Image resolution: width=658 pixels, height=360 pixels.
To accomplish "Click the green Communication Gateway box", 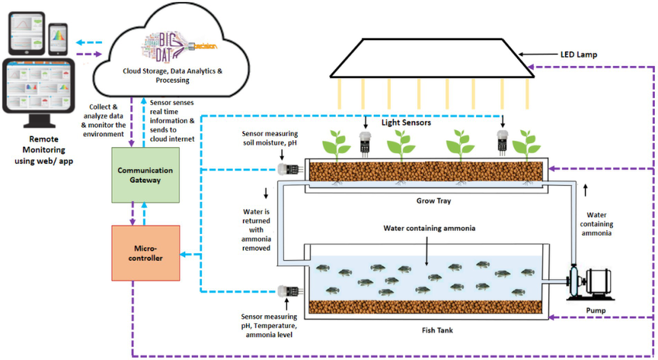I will coord(146,174).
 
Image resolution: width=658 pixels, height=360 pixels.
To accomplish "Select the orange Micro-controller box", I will coord(146,253).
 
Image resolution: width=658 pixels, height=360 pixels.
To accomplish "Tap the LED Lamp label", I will coord(581,55).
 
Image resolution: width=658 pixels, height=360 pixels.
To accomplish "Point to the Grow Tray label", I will coord(427,201).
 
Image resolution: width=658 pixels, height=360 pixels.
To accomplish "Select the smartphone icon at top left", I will coord(57,36).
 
